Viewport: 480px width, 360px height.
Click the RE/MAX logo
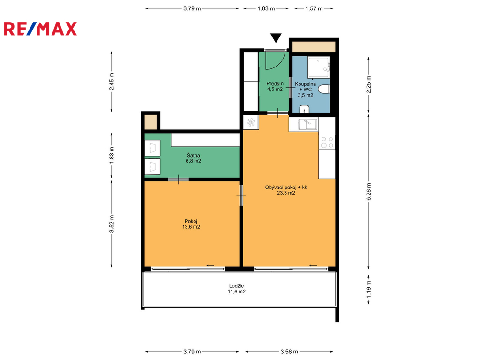click(x=40, y=29)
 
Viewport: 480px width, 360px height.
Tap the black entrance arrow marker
click(x=276, y=38)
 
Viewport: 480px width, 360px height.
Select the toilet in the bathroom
click(x=324, y=89)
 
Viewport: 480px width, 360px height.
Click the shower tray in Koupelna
click(x=319, y=67)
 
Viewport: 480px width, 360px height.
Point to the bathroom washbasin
click(x=304, y=109)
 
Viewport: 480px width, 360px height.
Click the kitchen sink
click(x=308, y=124)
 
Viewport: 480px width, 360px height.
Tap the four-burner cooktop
click(x=327, y=142)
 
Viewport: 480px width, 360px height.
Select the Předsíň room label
click(x=275, y=86)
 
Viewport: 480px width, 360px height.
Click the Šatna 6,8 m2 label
click(x=194, y=158)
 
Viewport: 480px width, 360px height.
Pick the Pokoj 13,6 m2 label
click(x=191, y=224)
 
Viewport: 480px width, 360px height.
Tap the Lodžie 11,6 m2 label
click(x=236, y=289)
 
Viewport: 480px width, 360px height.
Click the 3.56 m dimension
click(x=289, y=352)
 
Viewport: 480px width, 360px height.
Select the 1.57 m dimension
click(x=314, y=8)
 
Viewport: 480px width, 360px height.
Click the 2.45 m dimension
click(x=112, y=82)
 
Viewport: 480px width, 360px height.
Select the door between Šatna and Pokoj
click(x=178, y=180)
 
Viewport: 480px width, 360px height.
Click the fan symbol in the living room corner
click(x=251, y=122)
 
